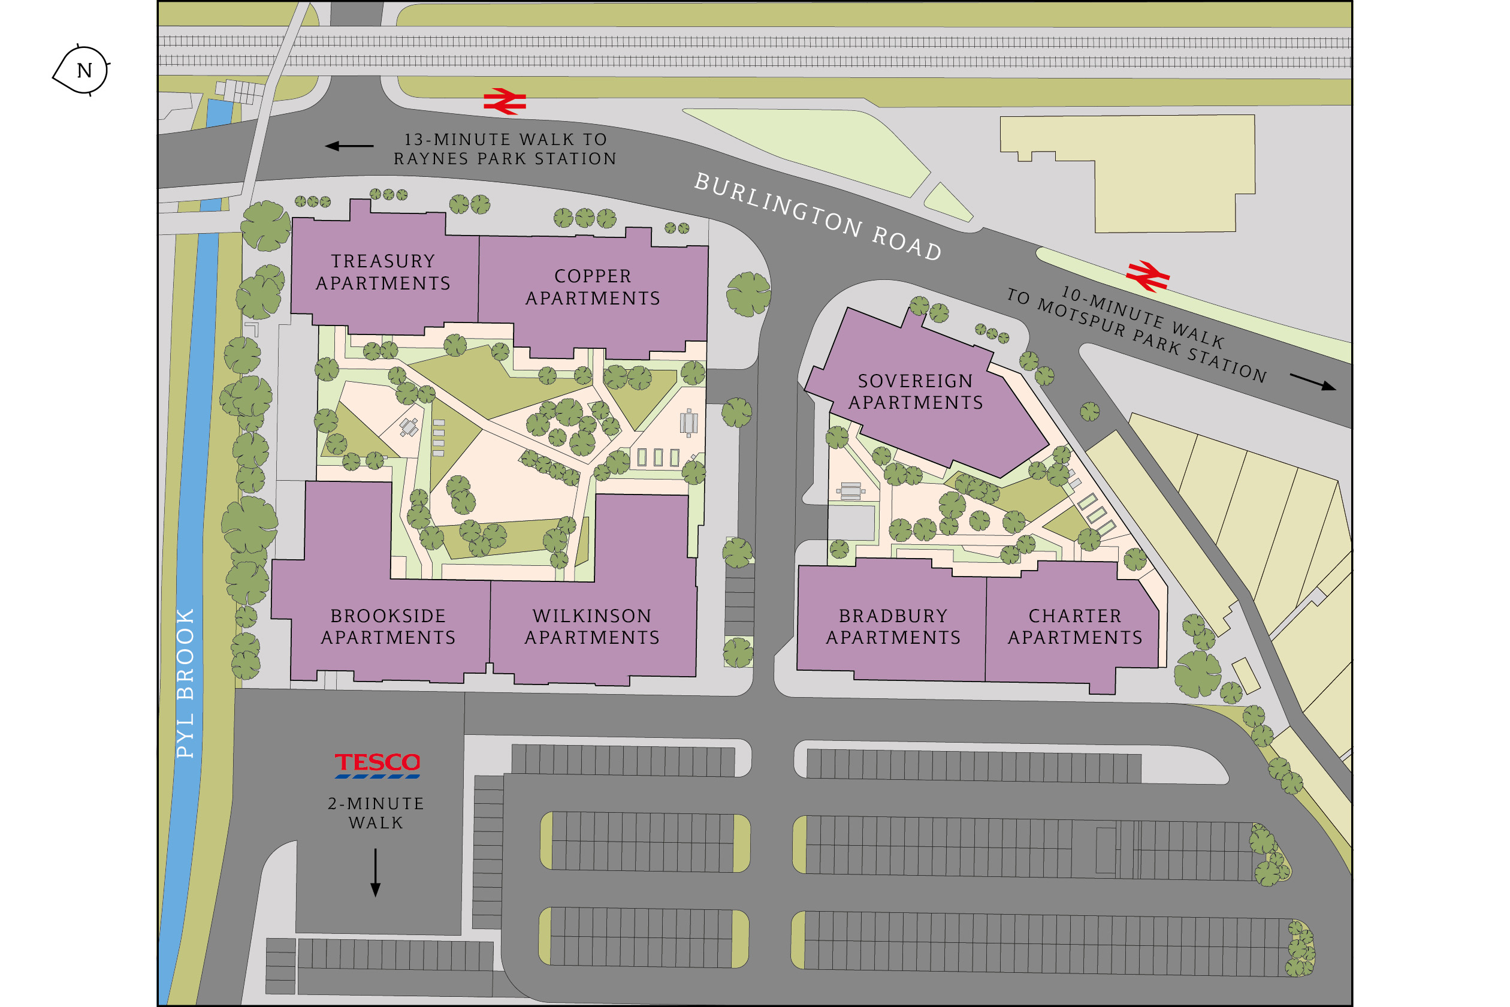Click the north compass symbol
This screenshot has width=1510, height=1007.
point(81,70)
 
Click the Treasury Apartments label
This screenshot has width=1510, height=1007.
point(383,272)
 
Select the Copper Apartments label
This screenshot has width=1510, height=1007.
point(593,287)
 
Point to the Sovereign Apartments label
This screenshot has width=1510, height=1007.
point(916,391)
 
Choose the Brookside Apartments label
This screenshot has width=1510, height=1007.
point(388,626)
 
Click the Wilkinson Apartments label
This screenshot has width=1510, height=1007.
point(592,626)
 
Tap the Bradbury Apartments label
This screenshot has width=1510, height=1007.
point(893,626)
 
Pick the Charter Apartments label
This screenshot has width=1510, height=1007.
point(1075,626)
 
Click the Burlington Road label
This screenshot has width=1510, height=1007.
point(818,216)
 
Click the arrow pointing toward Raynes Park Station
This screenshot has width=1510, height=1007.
point(349,146)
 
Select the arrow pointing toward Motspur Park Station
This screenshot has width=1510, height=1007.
point(1312,381)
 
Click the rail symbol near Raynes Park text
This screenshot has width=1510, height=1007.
point(505,101)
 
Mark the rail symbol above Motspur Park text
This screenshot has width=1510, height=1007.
point(1147,276)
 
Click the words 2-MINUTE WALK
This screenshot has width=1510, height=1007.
point(376,812)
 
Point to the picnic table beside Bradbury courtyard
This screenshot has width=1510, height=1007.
point(850,492)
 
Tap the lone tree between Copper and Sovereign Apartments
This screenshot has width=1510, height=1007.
point(748,294)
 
